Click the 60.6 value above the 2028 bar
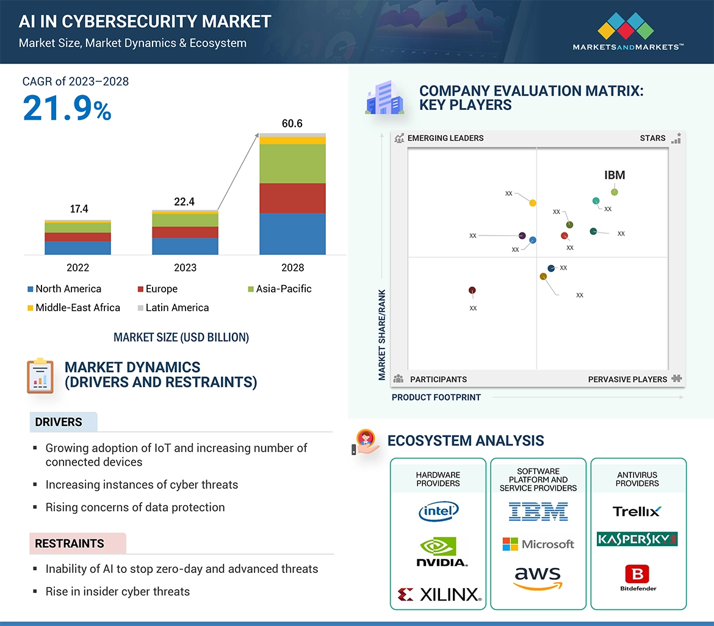tap(292, 123)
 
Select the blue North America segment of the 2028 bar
tap(292, 234)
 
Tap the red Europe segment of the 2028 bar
tap(292, 198)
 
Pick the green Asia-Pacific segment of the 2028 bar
tap(292, 164)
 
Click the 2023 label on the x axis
tap(185, 267)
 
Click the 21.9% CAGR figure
tap(67, 108)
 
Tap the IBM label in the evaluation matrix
tap(615, 175)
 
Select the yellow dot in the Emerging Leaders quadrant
tap(533, 203)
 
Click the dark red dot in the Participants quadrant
tap(472, 290)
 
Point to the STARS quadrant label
tap(653, 138)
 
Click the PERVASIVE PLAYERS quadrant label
tap(627, 379)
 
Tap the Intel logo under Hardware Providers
tap(438, 511)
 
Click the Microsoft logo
tap(538, 544)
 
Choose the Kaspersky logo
tap(637, 539)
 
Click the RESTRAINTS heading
tap(70, 544)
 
